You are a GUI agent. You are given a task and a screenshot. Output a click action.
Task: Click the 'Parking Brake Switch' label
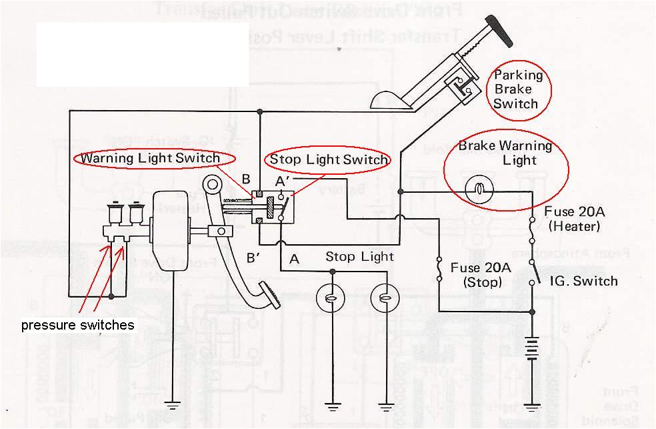(518, 89)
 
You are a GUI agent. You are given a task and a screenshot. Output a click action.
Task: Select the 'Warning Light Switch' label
(150, 158)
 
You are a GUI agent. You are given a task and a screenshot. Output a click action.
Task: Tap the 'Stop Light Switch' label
(328, 159)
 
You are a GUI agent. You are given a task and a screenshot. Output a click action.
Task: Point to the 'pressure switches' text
(78, 326)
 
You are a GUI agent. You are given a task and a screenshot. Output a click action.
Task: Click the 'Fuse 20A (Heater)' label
(572, 219)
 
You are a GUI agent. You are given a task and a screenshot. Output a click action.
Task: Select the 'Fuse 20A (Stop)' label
(481, 274)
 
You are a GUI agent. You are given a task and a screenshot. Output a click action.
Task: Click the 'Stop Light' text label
(359, 257)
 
